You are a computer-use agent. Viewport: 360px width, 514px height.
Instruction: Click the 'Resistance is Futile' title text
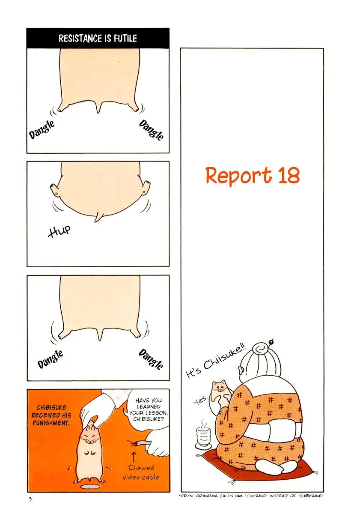click(98, 38)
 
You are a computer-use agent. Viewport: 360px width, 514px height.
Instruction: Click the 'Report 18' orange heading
click(253, 175)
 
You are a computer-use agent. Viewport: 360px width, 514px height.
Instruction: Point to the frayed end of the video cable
click(132, 444)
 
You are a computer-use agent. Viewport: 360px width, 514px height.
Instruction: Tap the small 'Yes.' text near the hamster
click(201, 400)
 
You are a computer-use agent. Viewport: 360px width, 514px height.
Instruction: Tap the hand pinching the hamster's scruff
click(96, 409)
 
